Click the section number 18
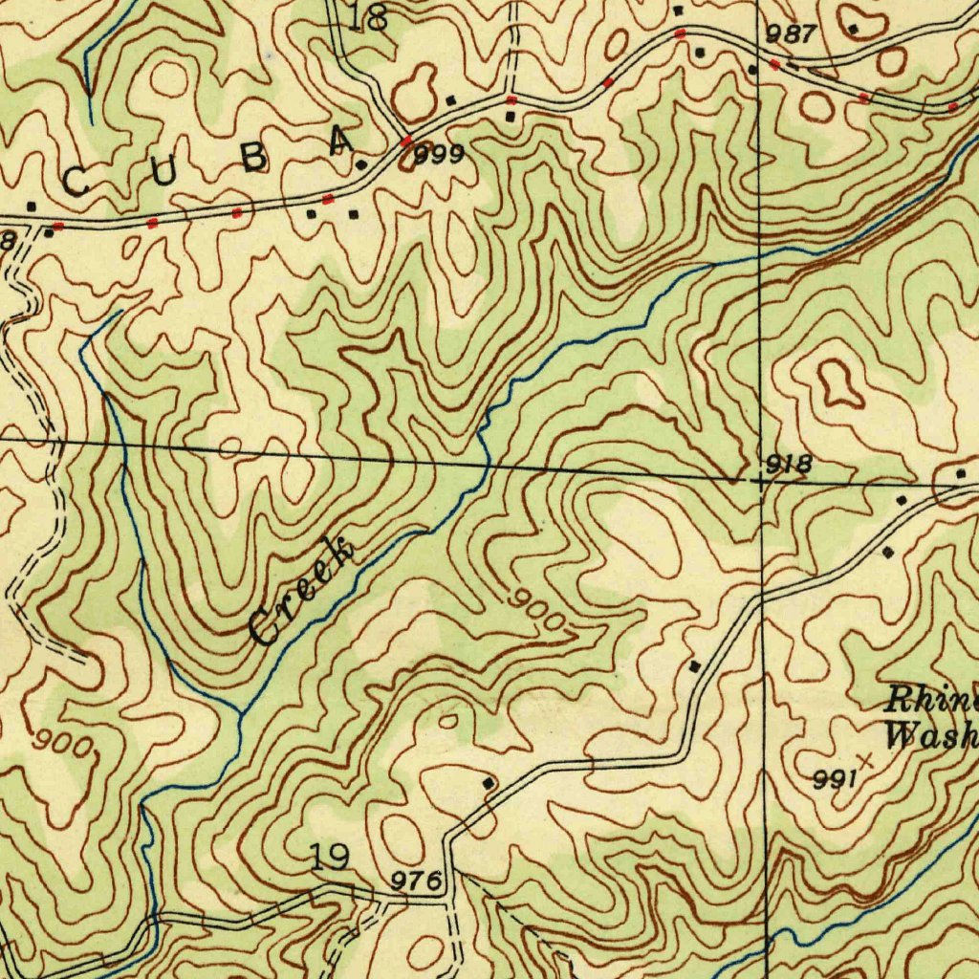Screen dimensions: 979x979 pyautogui.click(x=369, y=17)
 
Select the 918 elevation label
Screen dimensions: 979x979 pyautogui.click(x=790, y=465)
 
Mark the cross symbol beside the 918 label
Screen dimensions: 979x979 pyautogui.click(x=759, y=483)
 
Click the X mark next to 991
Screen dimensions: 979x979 pyautogui.click(x=866, y=761)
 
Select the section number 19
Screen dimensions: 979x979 pyautogui.click(x=331, y=858)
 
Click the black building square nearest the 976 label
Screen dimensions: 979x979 pyautogui.click(x=489, y=784)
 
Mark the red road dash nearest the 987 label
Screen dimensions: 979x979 pyautogui.click(x=773, y=64)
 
